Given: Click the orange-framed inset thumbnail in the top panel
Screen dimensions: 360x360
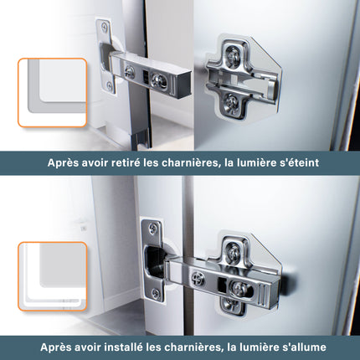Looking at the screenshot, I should (x=51, y=92).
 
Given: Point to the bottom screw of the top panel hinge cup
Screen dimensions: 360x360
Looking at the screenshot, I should (x=109, y=85).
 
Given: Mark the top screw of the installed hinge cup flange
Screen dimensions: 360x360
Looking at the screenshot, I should (x=152, y=227).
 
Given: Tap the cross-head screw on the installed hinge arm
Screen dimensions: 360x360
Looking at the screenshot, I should (x=198, y=279).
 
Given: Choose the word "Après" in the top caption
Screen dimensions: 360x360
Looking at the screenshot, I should (x=64, y=162).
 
